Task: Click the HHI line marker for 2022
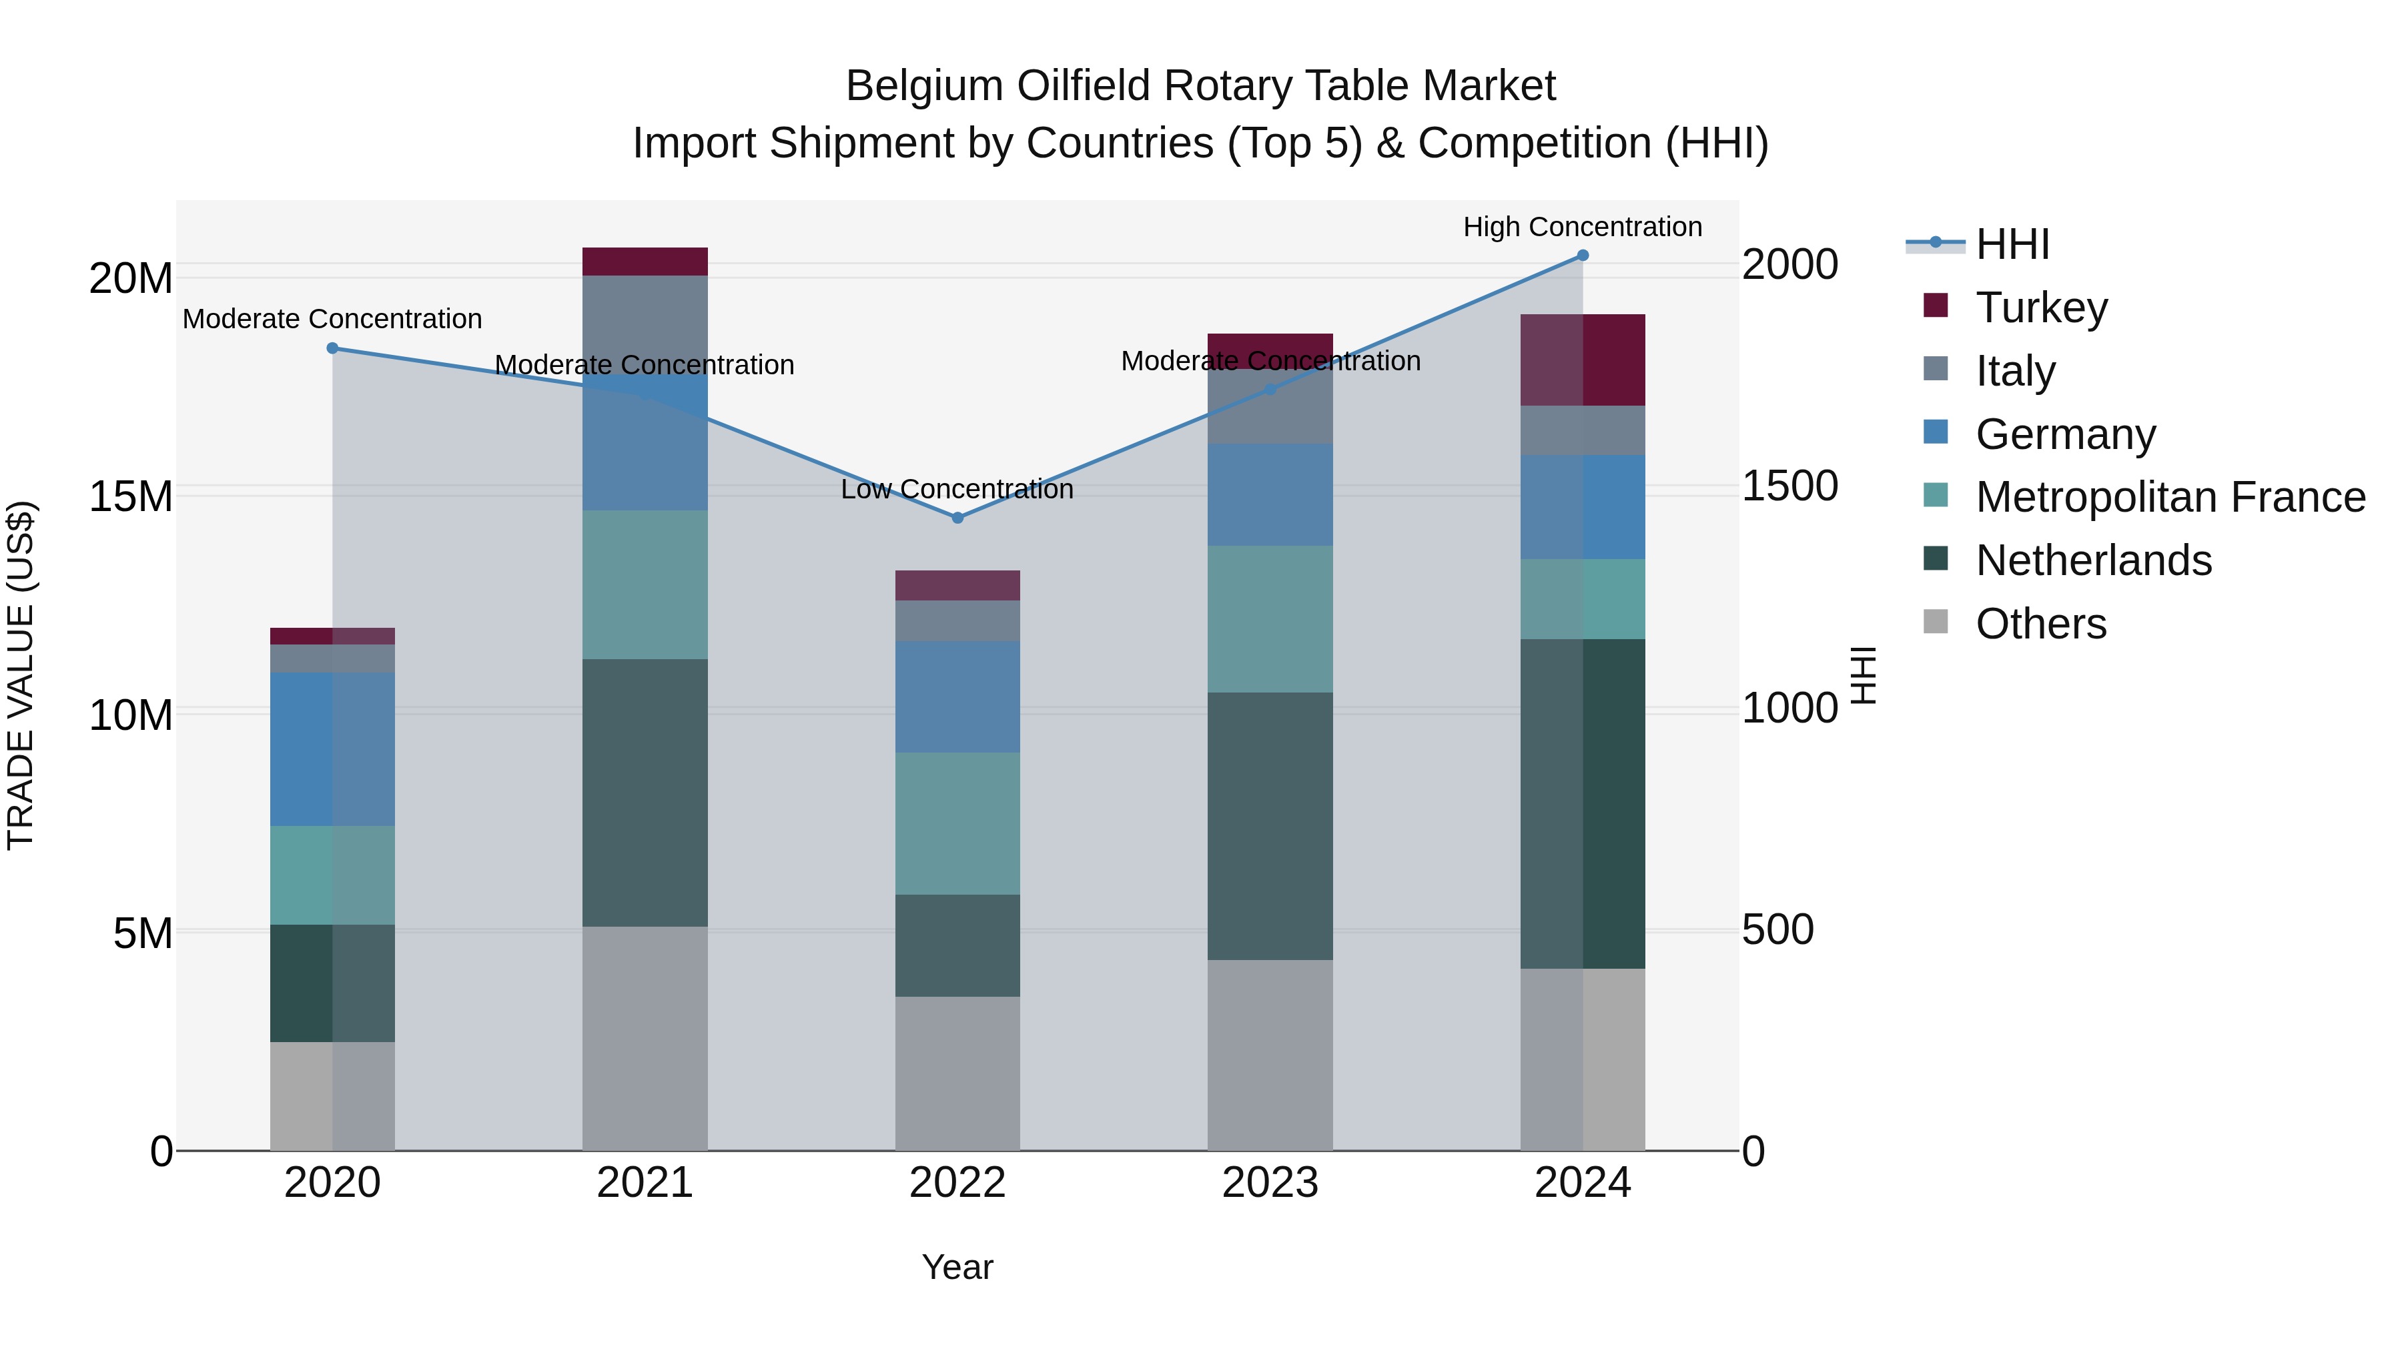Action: point(957,518)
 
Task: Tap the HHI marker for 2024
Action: point(1583,256)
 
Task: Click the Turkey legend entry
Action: point(2040,308)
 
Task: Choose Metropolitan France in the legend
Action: point(2170,497)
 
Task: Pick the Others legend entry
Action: point(2040,624)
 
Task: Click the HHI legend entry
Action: point(2011,244)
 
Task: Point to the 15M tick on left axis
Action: point(131,496)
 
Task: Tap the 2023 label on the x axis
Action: point(1270,1183)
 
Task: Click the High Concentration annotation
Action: point(1583,227)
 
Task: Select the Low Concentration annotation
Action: point(957,490)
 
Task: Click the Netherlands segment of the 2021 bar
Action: point(645,793)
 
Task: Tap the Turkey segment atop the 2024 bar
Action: point(1583,360)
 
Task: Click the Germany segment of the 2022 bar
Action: point(957,697)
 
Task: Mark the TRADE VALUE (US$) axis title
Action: point(21,675)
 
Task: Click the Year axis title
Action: point(957,1267)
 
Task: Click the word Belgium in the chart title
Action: point(923,86)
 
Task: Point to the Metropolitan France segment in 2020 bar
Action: point(333,875)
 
